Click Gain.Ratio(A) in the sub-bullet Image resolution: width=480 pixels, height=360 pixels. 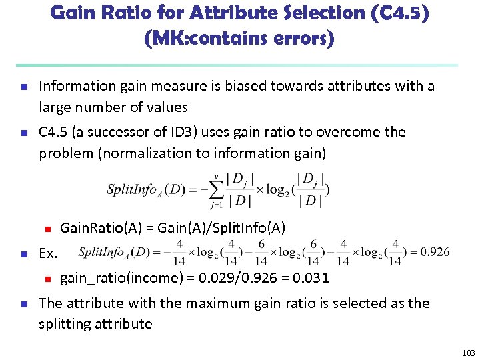tap(101, 228)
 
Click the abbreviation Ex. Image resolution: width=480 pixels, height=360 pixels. tap(48, 253)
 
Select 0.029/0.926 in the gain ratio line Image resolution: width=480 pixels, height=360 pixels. tap(241, 277)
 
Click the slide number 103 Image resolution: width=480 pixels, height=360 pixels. tap(468, 352)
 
